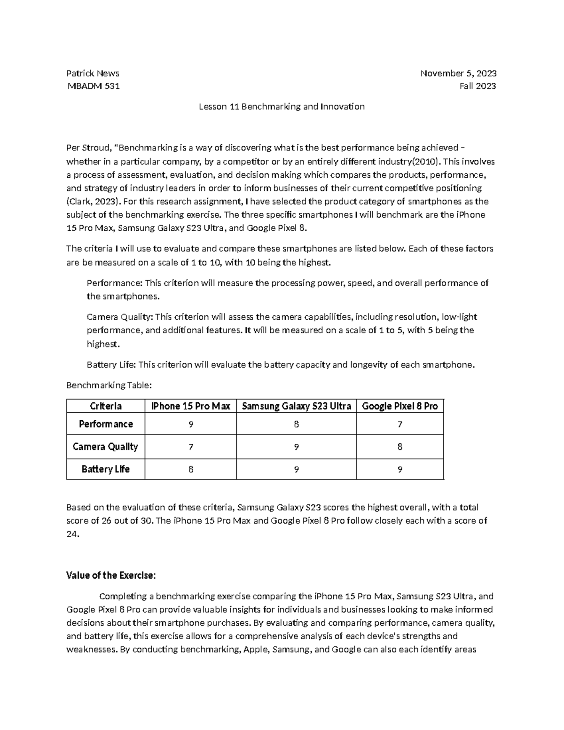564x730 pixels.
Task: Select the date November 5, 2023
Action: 458,73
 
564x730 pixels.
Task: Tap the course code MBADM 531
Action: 93,86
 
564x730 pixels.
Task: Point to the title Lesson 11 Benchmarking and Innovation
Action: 282,107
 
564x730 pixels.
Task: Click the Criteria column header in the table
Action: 106,406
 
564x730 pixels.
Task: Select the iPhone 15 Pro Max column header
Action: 190,406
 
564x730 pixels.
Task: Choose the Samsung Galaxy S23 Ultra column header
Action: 296,406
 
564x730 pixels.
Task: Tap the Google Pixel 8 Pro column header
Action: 399,406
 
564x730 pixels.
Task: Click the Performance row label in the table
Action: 106,424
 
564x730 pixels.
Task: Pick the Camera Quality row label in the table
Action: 106,447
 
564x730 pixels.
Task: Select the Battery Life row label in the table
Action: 106,469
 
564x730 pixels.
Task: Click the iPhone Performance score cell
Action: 190,424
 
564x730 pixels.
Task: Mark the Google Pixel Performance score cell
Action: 399,424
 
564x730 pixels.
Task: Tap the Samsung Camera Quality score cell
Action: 296,447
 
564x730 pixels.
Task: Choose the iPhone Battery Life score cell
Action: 190,469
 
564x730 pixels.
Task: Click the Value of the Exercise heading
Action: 111,576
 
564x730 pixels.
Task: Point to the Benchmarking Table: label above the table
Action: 109,385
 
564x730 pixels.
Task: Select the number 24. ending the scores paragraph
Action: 73,534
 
